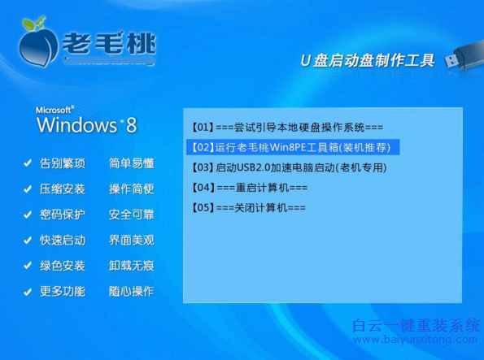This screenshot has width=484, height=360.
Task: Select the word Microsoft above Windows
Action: tap(55, 109)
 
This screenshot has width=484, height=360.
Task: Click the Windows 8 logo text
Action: tap(85, 125)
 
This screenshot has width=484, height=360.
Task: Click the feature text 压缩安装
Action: tap(62, 189)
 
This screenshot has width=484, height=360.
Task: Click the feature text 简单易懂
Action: tap(132, 163)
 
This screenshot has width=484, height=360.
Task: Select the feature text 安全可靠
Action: tap(132, 215)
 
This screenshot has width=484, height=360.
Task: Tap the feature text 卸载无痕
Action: tap(132, 266)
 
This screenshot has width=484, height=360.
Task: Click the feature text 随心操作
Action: tap(132, 292)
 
